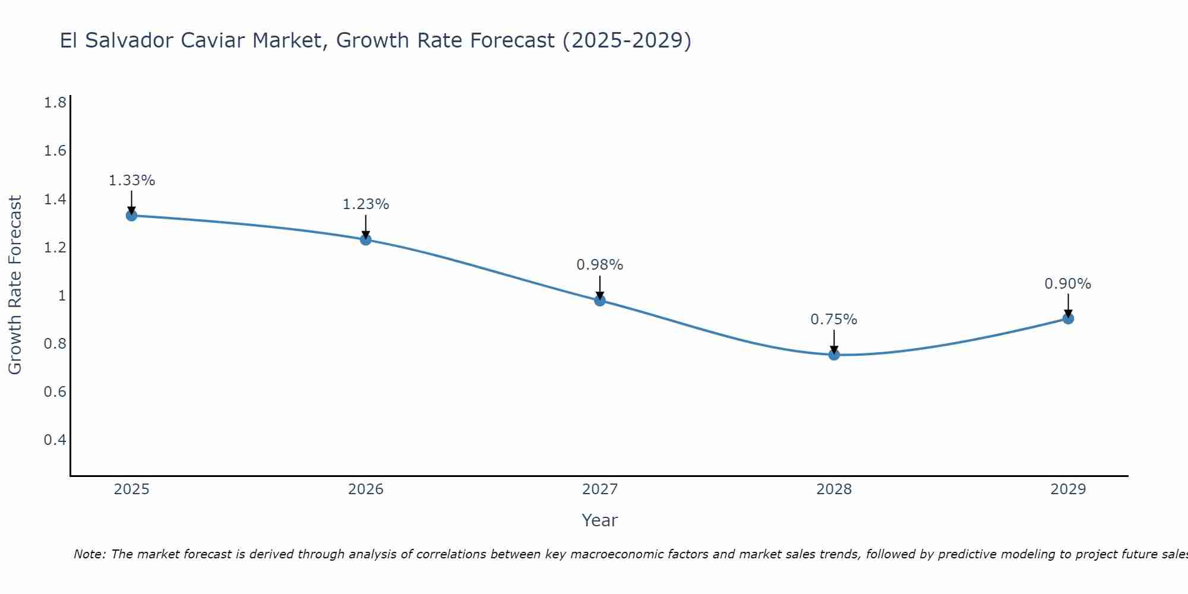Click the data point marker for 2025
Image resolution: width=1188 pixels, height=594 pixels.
point(131,216)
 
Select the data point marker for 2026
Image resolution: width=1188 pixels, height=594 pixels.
point(366,240)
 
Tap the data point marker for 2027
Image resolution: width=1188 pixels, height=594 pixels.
point(600,301)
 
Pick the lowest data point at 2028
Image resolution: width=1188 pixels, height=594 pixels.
point(834,355)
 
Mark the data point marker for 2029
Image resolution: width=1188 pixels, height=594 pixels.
point(1068,319)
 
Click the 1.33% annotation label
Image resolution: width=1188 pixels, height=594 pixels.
point(131,181)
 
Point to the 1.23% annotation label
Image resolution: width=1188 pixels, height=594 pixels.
point(366,204)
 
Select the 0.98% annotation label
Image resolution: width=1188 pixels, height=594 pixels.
point(600,265)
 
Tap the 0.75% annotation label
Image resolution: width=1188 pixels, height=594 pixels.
point(834,320)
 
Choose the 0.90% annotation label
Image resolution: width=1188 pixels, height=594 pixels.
point(1068,284)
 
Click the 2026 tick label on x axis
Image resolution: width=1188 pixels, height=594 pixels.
point(366,489)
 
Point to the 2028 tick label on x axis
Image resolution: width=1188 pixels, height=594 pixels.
point(834,489)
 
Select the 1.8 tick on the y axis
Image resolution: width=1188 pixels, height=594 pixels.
point(55,103)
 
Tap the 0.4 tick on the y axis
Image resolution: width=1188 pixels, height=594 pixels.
point(55,440)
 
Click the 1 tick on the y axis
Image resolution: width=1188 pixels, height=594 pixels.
point(62,295)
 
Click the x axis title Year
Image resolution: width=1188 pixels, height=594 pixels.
point(600,520)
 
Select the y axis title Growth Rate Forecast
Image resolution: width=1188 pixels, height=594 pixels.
point(15,285)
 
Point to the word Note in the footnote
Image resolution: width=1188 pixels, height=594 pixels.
point(89,554)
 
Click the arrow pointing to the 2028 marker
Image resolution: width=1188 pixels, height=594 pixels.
point(834,342)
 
